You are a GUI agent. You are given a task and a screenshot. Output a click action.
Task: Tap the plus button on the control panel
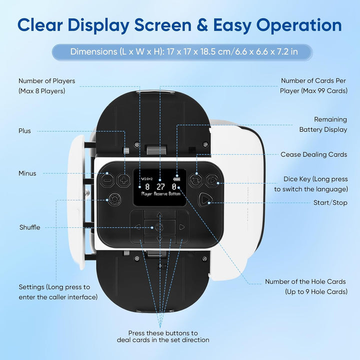124,180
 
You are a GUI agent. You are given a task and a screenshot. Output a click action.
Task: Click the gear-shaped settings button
114,199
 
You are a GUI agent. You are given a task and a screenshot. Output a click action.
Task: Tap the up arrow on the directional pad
159,215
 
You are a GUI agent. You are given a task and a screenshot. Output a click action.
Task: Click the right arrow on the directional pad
182,227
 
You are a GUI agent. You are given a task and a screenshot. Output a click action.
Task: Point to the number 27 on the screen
160,187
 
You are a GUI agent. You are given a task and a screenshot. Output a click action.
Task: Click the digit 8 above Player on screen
147,187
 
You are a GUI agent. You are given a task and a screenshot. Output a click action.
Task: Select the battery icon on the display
177,179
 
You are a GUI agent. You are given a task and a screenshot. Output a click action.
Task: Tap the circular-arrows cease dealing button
196,180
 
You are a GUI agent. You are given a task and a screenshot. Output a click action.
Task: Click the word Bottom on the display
174,194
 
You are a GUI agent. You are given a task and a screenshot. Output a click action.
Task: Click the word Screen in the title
163,25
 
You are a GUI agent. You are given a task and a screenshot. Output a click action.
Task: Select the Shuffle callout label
30,227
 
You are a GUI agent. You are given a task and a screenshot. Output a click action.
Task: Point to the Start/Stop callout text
330,202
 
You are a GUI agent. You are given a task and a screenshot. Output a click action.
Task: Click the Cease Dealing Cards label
314,154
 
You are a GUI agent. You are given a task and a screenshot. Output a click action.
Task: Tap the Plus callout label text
24,131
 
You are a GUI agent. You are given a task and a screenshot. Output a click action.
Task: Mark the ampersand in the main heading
202,25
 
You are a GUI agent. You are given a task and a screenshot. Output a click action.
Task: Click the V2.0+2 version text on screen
147,179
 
